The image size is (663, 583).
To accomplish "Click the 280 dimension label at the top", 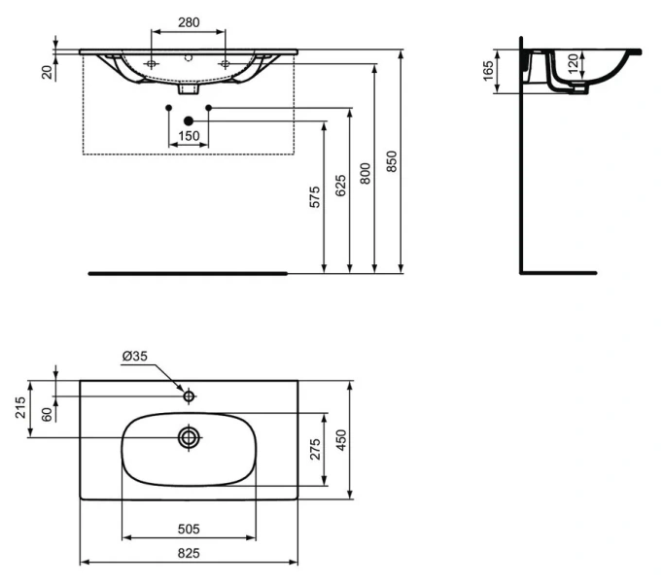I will (189, 20).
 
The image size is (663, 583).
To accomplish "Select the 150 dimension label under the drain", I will (189, 135).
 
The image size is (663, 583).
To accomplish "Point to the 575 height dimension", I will (313, 196).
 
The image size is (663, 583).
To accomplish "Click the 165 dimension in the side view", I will (487, 71).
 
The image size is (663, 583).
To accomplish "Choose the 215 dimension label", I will (20, 408).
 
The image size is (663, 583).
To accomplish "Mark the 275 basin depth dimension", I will (315, 450).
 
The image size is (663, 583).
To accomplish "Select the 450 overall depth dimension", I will (341, 440).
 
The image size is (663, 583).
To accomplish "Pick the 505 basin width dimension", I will (189, 529).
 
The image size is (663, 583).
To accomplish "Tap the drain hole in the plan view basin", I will (189, 438).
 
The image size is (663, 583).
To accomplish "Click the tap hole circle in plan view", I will (190, 395).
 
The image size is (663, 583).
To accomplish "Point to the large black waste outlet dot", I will (189, 120).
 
